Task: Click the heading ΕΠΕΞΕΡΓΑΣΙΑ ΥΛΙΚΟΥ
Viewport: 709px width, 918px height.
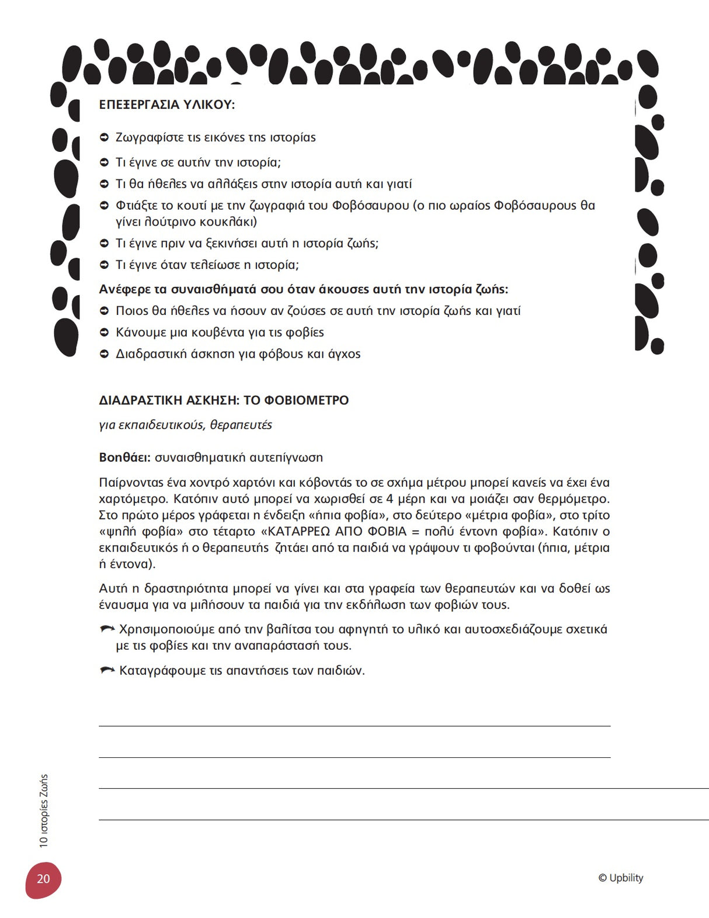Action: click(166, 105)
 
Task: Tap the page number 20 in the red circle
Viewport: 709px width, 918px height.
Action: click(43, 879)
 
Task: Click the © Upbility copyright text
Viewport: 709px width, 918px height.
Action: click(620, 878)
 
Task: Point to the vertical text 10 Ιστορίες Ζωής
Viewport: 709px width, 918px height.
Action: click(44, 810)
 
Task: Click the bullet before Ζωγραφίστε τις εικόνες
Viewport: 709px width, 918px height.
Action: click(105, 138)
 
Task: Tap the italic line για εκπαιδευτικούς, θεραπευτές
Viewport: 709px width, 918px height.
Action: click(185, 425)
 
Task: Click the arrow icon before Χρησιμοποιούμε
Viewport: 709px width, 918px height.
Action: click(107, 629)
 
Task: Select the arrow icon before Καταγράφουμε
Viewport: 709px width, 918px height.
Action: click(107, 670)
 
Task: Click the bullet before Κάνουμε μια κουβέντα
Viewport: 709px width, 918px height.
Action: click(105, 332)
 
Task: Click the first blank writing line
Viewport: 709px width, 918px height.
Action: click(354, 726)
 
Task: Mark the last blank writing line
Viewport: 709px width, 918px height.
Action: click(403, 820)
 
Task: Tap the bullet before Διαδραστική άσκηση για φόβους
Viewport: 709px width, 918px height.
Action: click(105, 354)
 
